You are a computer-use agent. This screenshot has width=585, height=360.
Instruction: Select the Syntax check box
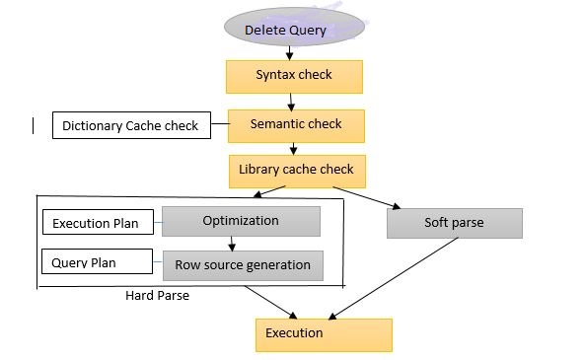tap(294, 76)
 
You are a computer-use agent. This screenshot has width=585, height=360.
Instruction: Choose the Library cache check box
tap(296, 171)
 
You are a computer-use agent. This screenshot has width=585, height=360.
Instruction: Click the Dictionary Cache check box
tap(130, 125)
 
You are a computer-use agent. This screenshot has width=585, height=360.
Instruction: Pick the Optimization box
tap(241, 221)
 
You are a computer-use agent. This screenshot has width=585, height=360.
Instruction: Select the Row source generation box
tap(243, 265)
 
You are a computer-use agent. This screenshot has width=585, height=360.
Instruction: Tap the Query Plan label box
tap(97, 263)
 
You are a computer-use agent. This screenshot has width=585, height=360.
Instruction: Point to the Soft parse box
tap(454, 223)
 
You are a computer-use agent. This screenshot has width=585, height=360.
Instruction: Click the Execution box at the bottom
tap(324, 333)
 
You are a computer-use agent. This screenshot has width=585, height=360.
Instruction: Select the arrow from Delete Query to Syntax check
tap(291, 52)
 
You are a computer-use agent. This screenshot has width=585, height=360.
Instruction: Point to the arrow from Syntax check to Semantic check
tap(293, 101)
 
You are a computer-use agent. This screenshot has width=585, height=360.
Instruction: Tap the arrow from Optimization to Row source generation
tap(231, 244)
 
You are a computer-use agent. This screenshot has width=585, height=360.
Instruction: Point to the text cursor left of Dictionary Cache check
tap(35, 125)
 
